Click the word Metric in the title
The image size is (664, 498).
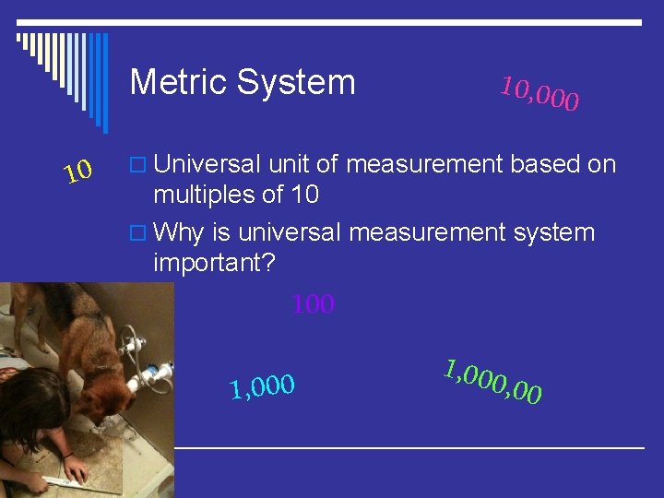179,82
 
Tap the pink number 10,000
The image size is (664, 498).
539,92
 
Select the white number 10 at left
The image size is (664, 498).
78,171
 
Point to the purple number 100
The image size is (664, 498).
313,304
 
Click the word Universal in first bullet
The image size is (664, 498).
209,164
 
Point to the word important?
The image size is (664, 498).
214,263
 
